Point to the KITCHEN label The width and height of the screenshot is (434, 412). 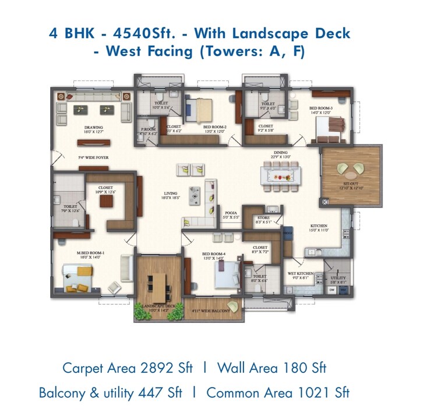(x=318, y=226)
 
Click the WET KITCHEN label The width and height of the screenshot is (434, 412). (x=301, y=273)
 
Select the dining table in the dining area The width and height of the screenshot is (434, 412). (x=280, y=174)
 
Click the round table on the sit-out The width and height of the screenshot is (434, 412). (x=351, y=171)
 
